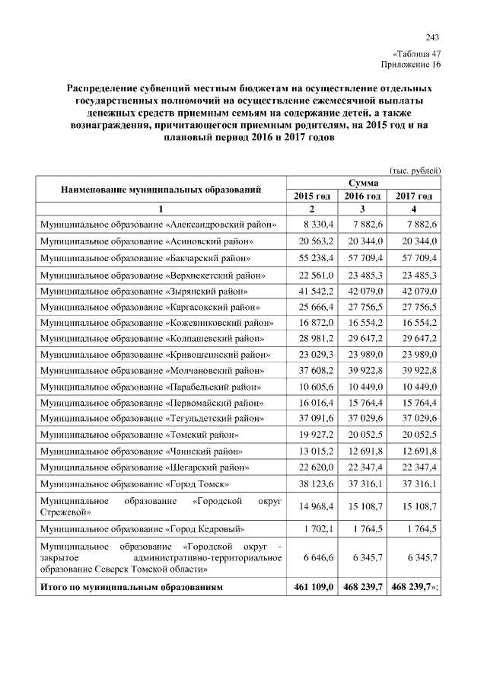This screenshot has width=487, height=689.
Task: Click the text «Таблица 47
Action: [x=416, y=54]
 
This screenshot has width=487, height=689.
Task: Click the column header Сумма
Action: [x=363, y=183]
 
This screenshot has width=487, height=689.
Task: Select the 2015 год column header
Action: [x=312, y=196]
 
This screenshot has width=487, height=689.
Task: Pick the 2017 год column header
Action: [x=414, y=196]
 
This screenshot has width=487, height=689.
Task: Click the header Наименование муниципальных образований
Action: [x=161, y=190]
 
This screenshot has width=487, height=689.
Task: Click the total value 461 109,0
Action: [x=312, y=587]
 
